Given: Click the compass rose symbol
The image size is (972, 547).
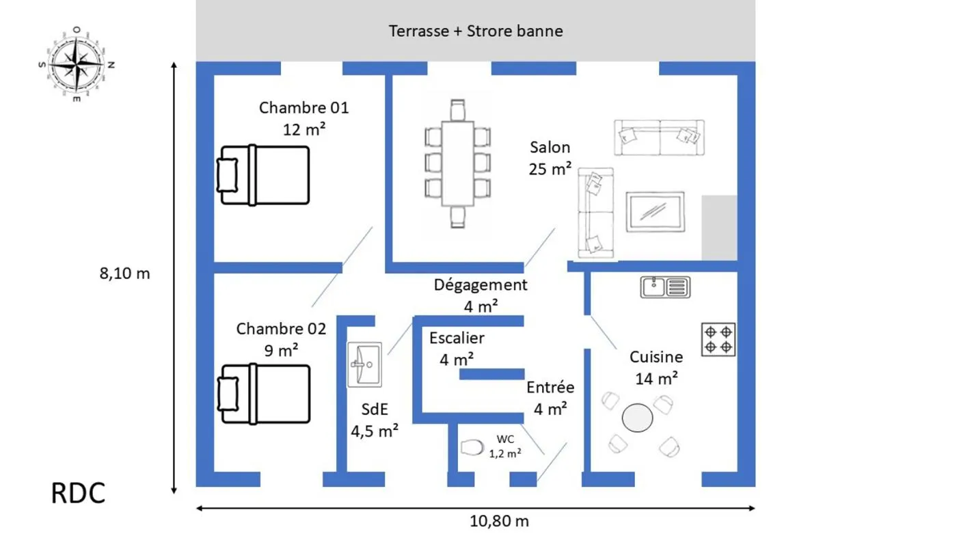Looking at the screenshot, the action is tap(77, 64).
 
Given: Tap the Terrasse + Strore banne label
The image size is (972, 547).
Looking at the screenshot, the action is tap(476, 31).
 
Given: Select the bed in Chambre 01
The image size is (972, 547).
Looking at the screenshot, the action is tap(263, 175).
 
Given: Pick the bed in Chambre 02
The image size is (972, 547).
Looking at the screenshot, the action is tap(263, 394).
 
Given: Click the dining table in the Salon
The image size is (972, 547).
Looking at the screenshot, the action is tap(457, 163).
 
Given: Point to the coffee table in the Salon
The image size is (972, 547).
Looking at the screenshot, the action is tap(656, 212).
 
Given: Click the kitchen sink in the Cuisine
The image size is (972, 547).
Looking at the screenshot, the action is tap(665, 287).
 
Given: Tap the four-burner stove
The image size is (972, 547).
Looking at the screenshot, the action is tap(718, 340).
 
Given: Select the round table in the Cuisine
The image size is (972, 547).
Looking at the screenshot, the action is tap(637, 418).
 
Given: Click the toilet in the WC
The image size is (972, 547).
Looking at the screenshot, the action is tap(472, 448).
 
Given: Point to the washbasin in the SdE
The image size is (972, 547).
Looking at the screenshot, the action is tap(364, 364).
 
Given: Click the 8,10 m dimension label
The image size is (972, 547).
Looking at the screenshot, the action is tap(124, 273).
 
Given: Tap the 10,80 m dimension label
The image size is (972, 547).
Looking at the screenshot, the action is tap(499, 521).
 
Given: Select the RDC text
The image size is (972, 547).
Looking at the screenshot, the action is tap(78, 493).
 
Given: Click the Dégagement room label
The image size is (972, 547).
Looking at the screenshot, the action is tap(481, 285).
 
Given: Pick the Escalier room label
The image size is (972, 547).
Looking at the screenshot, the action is tap(457, 338).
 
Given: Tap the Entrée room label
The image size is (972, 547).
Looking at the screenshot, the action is tap(550, 387).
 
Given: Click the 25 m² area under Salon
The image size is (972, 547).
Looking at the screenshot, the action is tap(550, 169).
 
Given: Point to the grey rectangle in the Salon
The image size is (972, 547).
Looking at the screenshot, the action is tap(720, 228).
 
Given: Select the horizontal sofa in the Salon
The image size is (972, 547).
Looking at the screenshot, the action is tap(659, 137).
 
